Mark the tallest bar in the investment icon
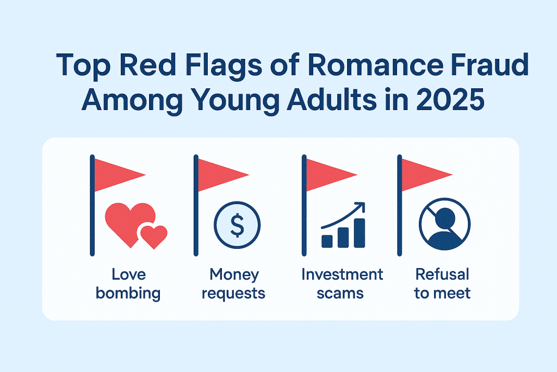tap(359, 233)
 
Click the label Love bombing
tap(128, 284)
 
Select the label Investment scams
tap(342, 284)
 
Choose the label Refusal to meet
tap(442, 284)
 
